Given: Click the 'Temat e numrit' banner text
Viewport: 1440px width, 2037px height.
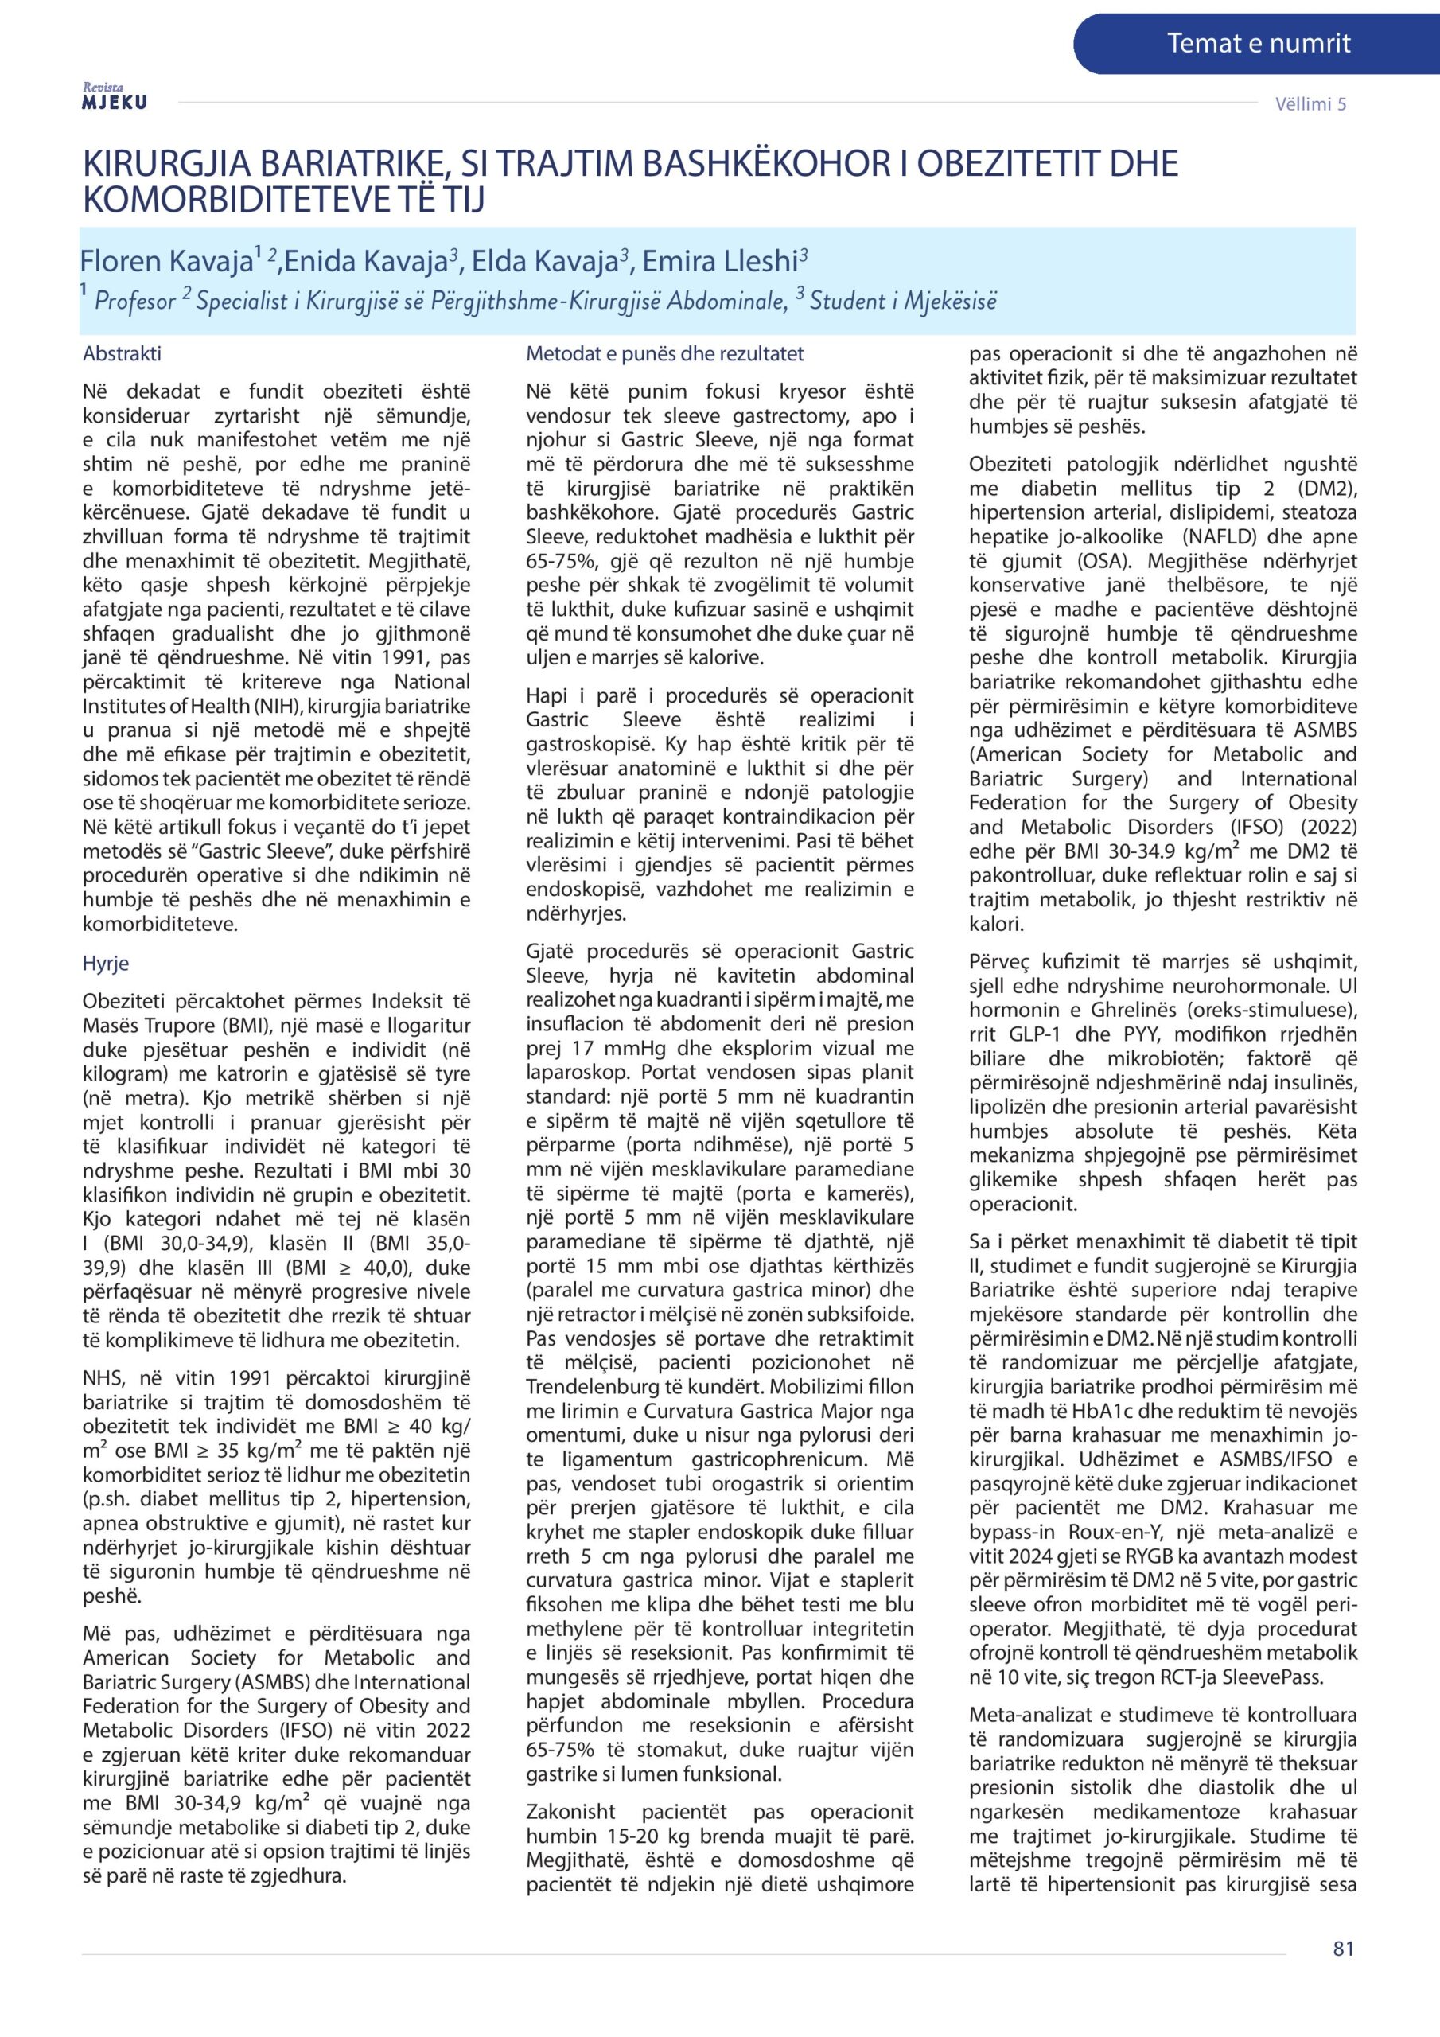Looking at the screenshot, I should click(x=1258, y=43).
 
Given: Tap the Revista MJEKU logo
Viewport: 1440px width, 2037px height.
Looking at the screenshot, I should click(x=115, y=98).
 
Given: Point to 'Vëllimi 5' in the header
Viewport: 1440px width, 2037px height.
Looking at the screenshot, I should click(x=1310, y=103).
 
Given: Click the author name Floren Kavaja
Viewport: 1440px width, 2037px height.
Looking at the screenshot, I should click(x=166, y=261).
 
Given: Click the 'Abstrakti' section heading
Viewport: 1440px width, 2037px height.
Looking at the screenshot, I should click(x=122, y=354).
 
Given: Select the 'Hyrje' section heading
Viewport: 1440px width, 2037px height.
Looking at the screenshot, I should click(x=106, y=964).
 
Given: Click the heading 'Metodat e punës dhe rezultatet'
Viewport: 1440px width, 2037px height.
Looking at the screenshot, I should click(x=664, y=354).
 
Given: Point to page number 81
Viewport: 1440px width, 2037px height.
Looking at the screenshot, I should click(x=1343, y=1973).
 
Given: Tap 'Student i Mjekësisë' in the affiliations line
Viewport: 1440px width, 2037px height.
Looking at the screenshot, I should click(x=902, y=301).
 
